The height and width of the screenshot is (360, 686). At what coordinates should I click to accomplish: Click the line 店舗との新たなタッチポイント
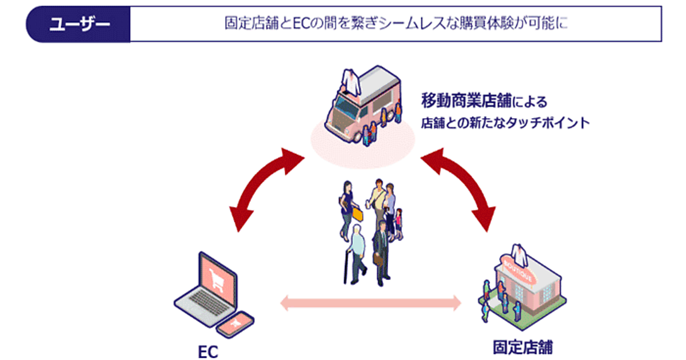[x=505, y=123]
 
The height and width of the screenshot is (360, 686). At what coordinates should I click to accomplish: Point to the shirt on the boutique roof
[x=519, y=251]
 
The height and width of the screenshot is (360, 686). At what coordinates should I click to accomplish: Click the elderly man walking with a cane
[x=356, y=251]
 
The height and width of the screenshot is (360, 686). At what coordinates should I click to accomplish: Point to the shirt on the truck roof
[x=349, y=79]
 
